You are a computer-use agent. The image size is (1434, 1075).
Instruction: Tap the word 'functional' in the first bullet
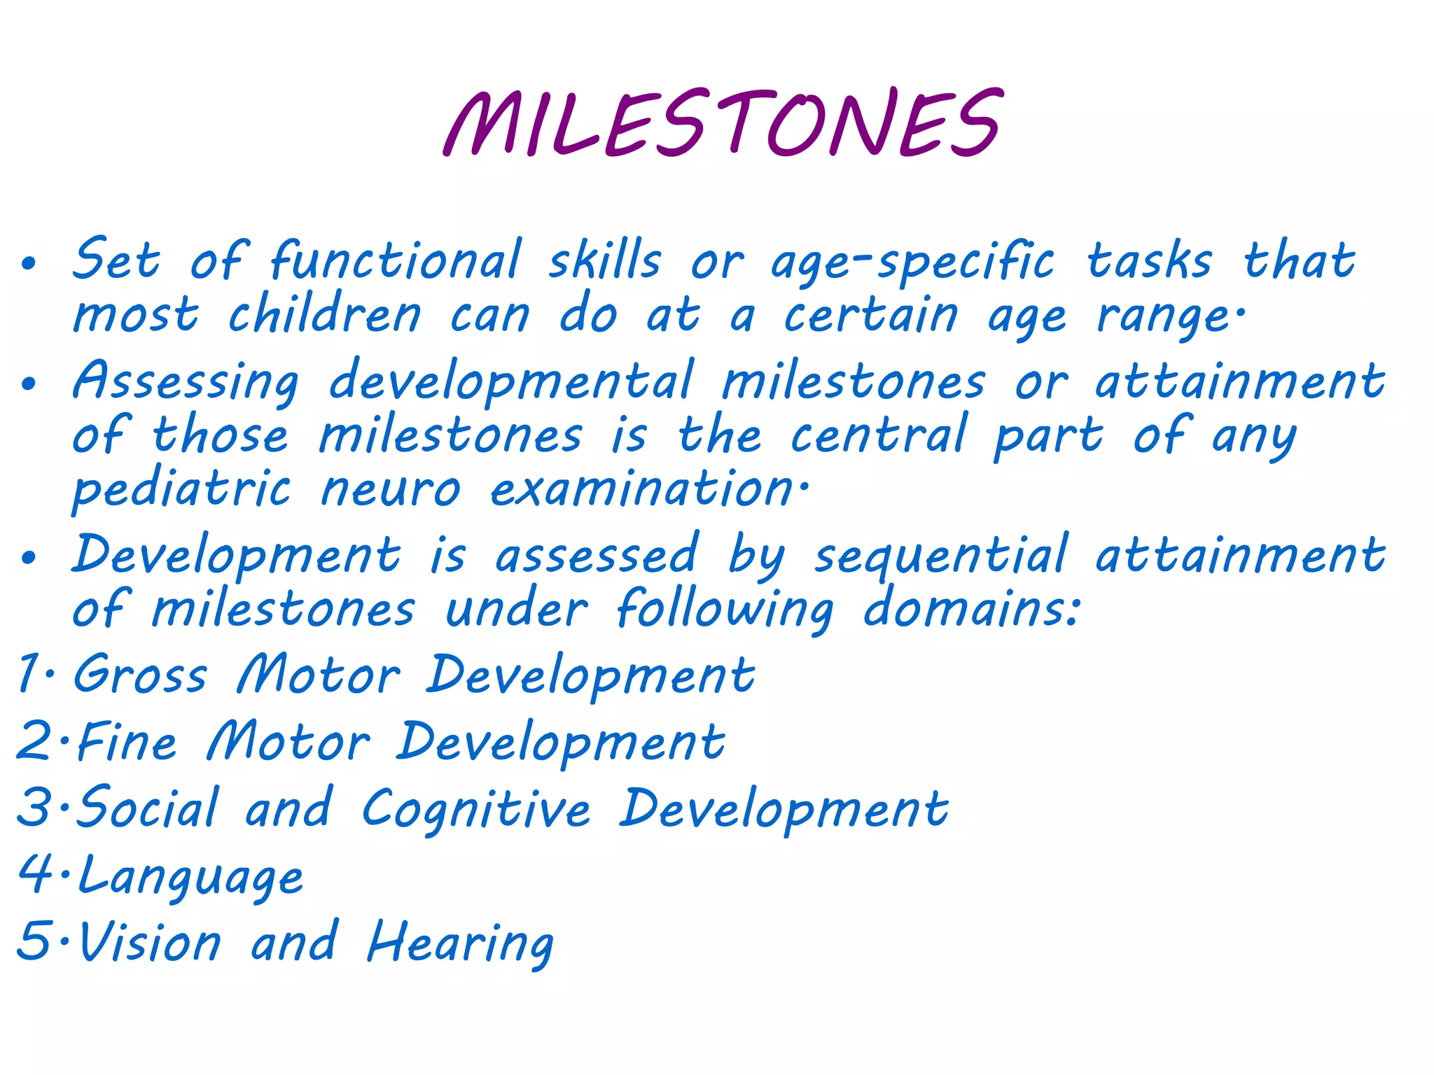point(396,260)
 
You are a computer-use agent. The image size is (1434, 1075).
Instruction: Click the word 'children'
point(325,315)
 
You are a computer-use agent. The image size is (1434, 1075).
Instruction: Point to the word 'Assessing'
point(186,382)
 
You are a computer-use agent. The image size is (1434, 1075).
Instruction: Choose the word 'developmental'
point(511,382)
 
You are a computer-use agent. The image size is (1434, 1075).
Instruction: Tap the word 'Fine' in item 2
point(127,742)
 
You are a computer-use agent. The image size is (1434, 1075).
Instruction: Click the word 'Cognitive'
point(476,809)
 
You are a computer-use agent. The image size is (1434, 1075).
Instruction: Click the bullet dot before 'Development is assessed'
point(28,558)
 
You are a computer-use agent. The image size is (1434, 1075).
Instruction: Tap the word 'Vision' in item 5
point(150,942)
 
